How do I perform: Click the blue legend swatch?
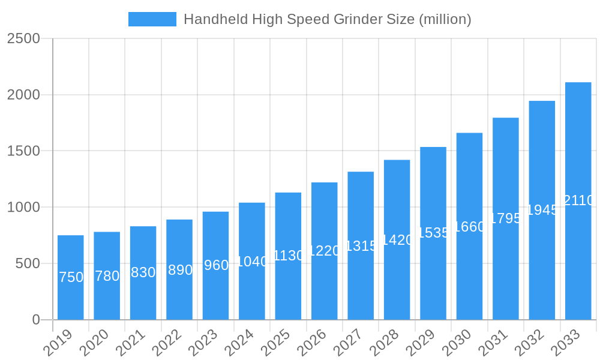click(x=152, y=19)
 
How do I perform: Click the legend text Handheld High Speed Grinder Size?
click(x=327, y=19)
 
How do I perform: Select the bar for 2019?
click(x=71, y=277)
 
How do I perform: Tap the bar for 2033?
click(x=578, y=201)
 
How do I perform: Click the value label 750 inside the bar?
click(x=71, y=277)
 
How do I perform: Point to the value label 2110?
click(x=578, y=200)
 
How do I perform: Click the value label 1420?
click(x=397, y=240)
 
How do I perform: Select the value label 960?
click(x=216, y=265)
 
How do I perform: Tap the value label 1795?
click(x=506, y=218)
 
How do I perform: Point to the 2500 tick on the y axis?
click(x=23, y=38)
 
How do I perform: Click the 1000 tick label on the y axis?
click(x=23, y=207)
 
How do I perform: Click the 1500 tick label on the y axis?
click(x=23, y=151)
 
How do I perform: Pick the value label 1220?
click(x=324, y=251)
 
